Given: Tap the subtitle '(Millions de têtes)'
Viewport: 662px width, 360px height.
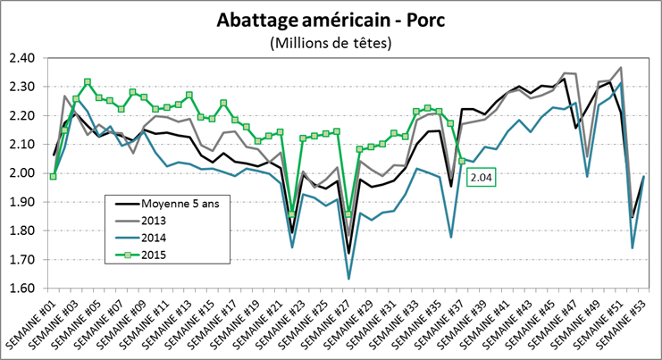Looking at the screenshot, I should coord(330,43).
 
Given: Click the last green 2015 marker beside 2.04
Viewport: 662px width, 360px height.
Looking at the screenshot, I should coord(461,161).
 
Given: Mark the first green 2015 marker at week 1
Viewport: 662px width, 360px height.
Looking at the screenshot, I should coord(54,176).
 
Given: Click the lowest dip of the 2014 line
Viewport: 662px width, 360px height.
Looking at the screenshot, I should coord(348,279).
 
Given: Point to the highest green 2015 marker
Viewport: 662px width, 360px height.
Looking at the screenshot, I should coord(88,82).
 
